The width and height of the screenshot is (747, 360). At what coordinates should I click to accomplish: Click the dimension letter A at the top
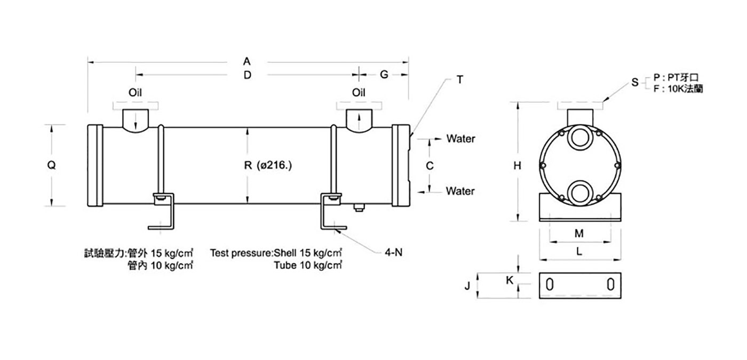[247, 61]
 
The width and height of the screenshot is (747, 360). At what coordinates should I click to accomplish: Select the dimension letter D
[247, 75]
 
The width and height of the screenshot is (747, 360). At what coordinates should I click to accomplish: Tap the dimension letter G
[384, 75]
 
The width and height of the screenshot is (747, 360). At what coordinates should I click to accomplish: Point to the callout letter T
[460, 79]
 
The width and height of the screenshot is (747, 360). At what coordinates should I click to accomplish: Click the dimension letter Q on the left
[51, 165]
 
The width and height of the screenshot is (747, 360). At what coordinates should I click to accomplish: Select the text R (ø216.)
[268, 165]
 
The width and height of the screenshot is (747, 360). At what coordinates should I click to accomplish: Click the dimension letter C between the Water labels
[430, 166]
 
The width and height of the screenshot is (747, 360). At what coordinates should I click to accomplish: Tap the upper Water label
[461, 139]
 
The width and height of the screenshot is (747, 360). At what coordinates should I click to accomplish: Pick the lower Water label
[460, 191]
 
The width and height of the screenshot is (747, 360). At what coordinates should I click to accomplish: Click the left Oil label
[135, 92]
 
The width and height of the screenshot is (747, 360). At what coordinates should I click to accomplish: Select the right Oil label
[359, 92]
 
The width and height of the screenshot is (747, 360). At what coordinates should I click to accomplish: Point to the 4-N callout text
[394, 252]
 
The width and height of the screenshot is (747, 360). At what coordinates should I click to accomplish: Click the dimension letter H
[517, 166]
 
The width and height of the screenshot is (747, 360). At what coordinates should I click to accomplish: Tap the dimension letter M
[579, 234]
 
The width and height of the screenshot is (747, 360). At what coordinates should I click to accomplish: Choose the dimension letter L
[579, 252]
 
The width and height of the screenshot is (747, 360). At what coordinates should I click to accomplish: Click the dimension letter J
[467, 286]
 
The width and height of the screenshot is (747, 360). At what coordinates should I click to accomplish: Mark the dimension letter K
[510, 281]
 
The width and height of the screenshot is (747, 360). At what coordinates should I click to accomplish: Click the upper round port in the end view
[580, 138]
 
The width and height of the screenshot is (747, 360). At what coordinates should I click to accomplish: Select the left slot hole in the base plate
[550, 285]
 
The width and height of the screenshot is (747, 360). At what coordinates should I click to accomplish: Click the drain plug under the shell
[359, 207]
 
